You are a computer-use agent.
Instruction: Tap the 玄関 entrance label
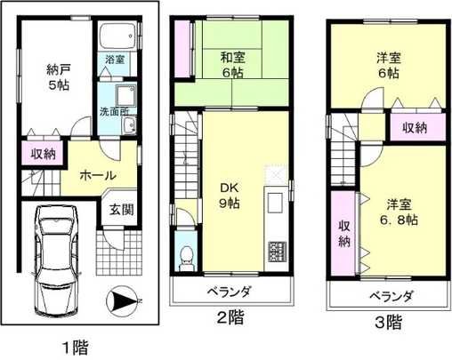[122, 211]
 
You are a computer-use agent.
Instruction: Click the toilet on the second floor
[185, 255]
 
